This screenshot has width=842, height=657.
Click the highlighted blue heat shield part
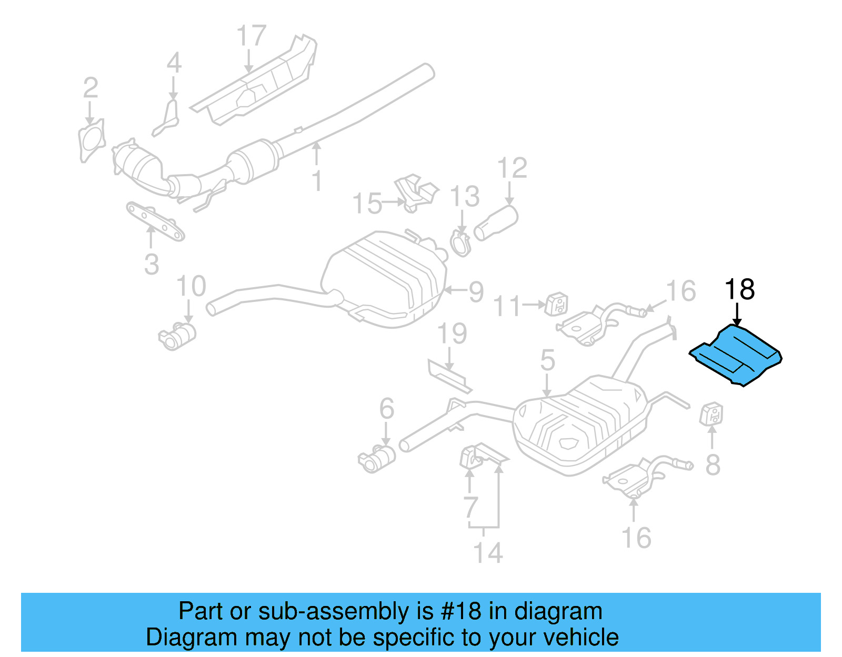click(737, 356)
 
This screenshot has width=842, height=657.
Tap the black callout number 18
click(739, 290)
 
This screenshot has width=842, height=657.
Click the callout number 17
click(251, 36)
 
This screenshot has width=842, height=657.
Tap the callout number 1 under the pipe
click(316, 180)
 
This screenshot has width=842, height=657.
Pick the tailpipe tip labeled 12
click(496, 223)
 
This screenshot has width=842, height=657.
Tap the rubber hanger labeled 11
click(556, 304)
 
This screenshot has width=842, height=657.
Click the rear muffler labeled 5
click(579, 426)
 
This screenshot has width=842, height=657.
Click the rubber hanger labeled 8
click(711, 413)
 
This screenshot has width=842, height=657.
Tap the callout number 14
click(488, 553)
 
